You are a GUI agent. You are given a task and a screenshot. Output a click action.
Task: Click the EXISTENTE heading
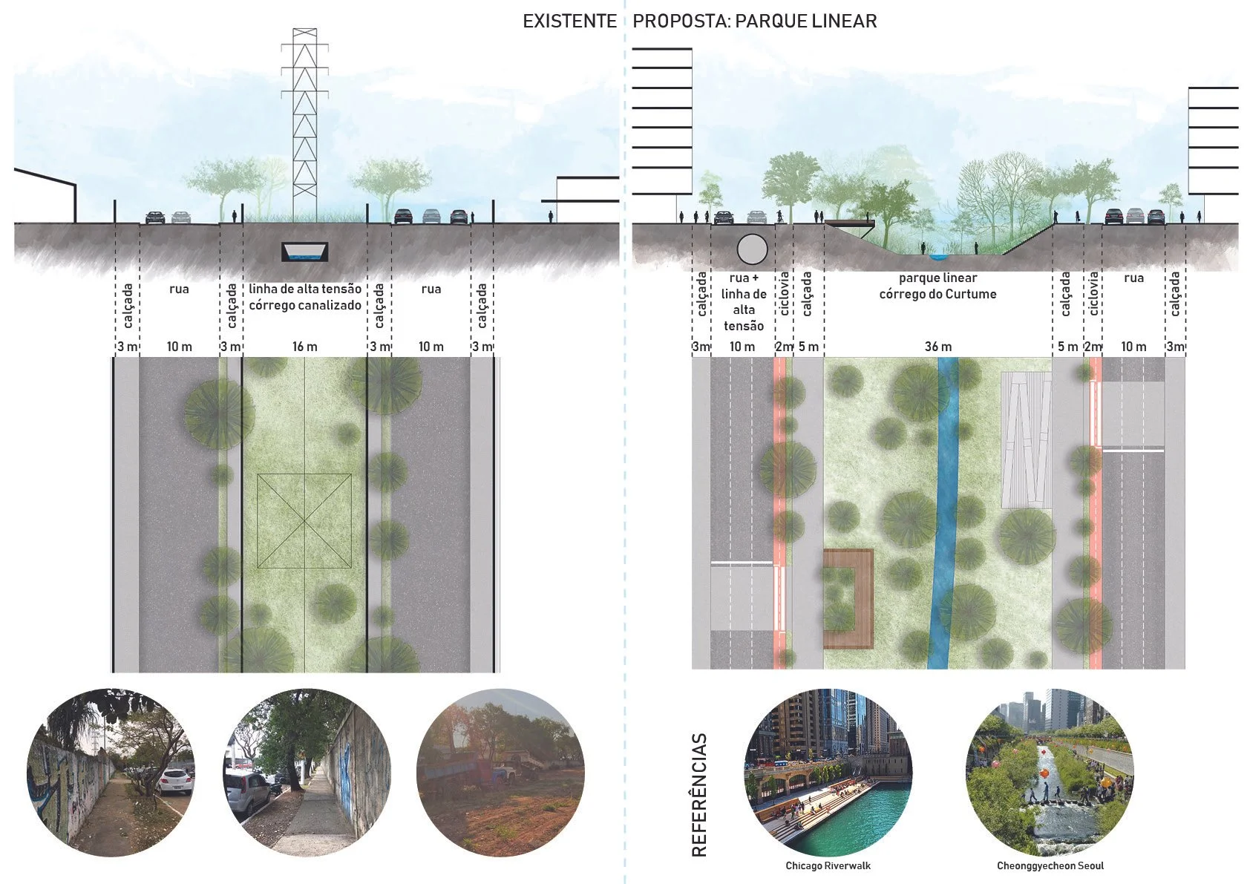click(569, 21)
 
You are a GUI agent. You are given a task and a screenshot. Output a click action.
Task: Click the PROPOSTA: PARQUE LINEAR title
click(754, 21)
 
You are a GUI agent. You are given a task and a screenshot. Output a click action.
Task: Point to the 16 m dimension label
click(304, 347)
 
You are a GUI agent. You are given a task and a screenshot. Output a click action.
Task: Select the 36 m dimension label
click(937, 347)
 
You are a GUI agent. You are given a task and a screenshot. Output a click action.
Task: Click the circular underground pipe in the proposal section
click(752, 249)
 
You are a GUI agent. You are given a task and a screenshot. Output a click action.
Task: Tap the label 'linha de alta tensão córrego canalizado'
click(305, 297)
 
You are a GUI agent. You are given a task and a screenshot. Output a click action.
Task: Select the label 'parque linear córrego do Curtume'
click(937, 286)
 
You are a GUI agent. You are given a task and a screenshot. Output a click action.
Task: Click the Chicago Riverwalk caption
click(828, 865)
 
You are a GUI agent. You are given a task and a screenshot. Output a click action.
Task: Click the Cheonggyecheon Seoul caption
click(1050, 865)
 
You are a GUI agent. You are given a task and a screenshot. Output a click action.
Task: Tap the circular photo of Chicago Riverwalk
click(828, 773)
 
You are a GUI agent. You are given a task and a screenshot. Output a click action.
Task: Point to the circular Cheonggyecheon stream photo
click(1050, 773)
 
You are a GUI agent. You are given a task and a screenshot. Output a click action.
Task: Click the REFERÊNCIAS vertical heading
click(699, 795)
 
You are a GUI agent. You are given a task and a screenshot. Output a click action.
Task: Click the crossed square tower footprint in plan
click(304, 521)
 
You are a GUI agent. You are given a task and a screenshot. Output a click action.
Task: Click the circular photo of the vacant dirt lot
click(500, 773)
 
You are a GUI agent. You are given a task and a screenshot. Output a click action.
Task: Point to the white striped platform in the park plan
click(1026, 439)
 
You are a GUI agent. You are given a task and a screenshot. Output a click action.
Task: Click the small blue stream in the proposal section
click(938, 257)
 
